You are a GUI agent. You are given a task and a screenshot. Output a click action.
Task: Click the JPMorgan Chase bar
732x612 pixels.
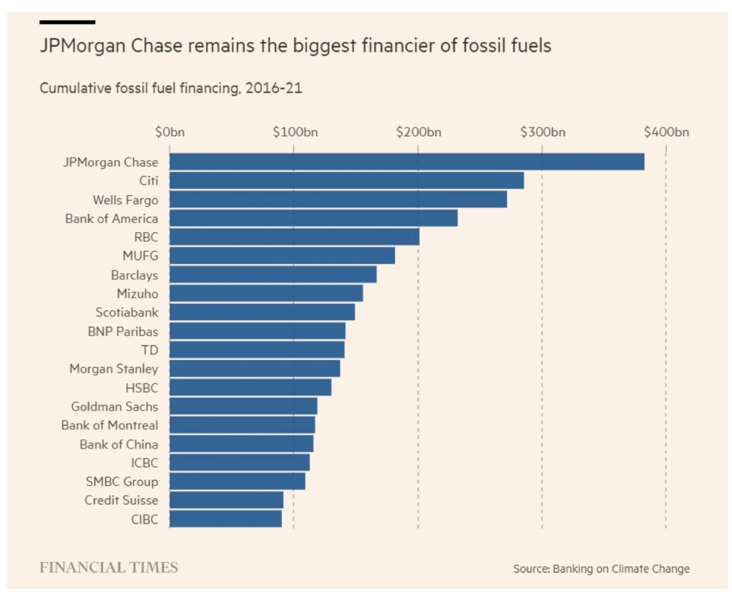(x=407, y=162)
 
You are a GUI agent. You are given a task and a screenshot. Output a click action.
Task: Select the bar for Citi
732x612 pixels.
(x=346, y=180)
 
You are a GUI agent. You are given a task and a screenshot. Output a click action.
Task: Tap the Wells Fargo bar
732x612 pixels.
(x=338, y=199)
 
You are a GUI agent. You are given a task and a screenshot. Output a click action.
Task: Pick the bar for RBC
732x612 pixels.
(x=294, y=237)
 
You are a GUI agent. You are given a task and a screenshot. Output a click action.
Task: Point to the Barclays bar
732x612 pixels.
(x=273, y=274)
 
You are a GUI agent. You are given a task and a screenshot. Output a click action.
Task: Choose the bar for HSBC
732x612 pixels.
(x=250, y=387)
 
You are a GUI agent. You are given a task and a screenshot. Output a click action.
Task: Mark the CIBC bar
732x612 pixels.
(x=225, y=519)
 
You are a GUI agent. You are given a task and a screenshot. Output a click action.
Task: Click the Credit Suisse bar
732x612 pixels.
(x=226, y=500)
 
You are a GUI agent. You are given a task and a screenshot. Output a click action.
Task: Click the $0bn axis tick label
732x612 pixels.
(x=170, y=132)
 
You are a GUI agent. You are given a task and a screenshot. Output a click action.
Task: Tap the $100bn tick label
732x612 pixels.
(x=295, y=132)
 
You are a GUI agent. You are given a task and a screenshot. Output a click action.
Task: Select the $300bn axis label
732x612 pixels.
(x=542, y=132)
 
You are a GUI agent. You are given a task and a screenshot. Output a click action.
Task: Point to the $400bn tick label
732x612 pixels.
(x=666, y=132)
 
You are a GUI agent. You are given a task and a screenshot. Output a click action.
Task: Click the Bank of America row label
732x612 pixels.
(x=112, y=218)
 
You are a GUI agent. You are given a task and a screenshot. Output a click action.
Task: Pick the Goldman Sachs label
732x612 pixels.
(x=115, y=406)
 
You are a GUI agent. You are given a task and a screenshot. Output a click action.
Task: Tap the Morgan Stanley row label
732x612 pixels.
(x=113, y=368)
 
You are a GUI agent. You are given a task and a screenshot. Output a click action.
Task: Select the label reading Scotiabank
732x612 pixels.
(x=127, y=312)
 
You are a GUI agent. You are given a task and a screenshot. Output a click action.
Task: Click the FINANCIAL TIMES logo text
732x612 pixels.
(x=109, y=568)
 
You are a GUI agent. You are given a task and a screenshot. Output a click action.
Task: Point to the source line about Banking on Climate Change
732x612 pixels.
(x=601, y=569)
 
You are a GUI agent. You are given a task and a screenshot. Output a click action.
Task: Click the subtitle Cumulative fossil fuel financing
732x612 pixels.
(x=171, y=88)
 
